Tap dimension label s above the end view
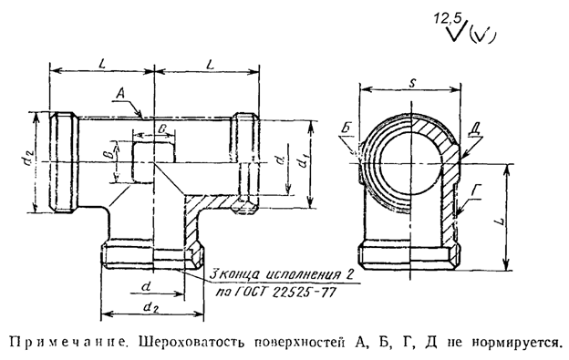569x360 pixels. click(413, 82)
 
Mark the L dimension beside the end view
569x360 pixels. click(516, 221)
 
